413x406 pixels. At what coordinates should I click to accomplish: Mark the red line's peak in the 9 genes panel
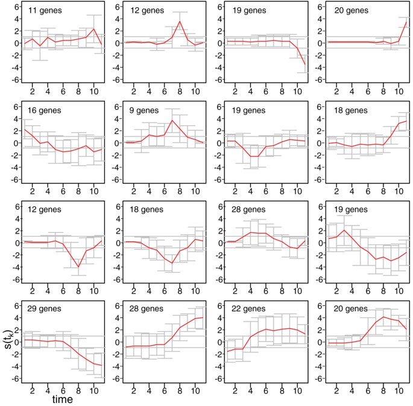tap(172, 120)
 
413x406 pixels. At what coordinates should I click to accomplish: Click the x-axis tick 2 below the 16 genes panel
tap(33, 191)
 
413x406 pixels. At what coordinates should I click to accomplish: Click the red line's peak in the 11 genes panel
tap(94, 28)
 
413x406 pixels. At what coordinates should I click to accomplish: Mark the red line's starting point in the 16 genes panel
tap(24, 129)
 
